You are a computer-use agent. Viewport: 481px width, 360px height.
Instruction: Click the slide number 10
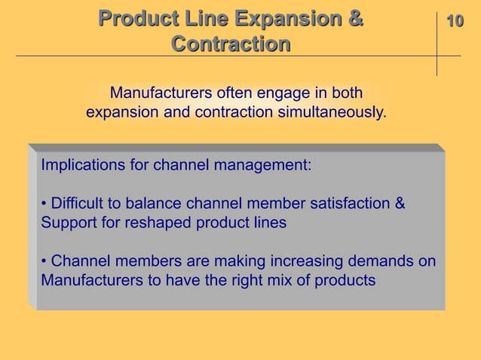[x=454, y=21]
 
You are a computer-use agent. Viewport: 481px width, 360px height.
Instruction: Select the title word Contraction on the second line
[x=231, y=44]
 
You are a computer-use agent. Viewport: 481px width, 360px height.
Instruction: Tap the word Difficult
[x=82, y=204]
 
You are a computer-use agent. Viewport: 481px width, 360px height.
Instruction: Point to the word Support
[x=69, y=224]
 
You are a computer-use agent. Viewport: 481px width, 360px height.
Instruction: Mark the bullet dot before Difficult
[x=44, y=205]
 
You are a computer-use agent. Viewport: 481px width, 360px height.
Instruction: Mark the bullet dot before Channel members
[x=44, y=263]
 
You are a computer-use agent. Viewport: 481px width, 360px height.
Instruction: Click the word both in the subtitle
[x=346, y=94]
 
